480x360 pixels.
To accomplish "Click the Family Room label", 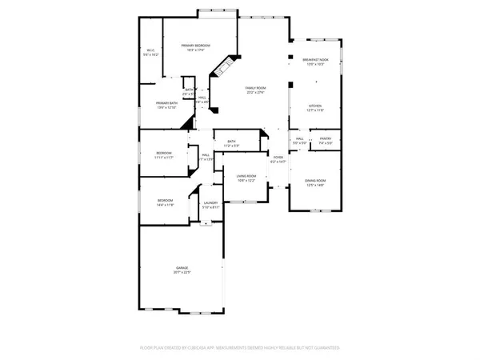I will click(x=255, y=88).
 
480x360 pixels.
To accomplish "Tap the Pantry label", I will click(x=326, y=138).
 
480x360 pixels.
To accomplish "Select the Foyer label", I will click(x=278, y=158).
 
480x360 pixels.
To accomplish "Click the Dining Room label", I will click(x=315, y=181).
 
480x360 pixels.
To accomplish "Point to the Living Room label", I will click(x=246, y=176).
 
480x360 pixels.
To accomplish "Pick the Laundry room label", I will click(x=210, y=203).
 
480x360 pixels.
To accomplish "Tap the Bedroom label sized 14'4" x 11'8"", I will click(x=164, y=201).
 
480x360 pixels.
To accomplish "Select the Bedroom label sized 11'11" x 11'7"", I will click(x=163, y=152).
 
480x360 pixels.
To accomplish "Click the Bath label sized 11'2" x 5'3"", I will click(x=231, y=142).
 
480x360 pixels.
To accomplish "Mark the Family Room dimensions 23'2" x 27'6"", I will click(x=255, y=94).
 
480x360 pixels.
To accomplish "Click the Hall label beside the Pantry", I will click(x=299, y=138).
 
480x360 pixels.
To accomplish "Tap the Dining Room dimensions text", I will click(x=315, y=186).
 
